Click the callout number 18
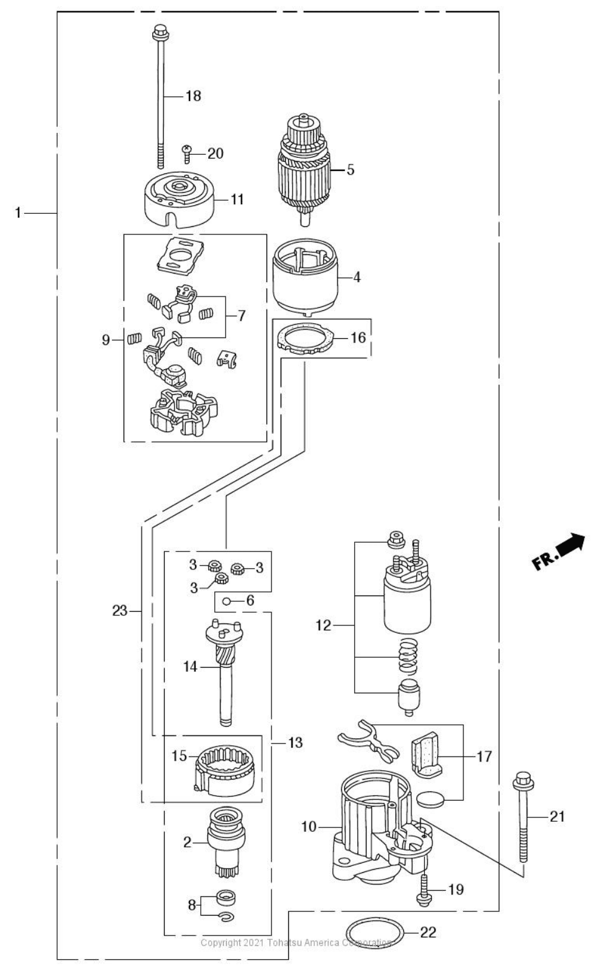coord(193,96)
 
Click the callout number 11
coord(237,200)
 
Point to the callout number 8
coord(192,905)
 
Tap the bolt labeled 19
coord(425,888)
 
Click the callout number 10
coord(309,827)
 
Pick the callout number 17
coord(485,756)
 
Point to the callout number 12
coord(324,625)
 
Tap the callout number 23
coord(119,611)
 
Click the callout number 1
coord(19,213)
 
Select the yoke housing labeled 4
coord(306,277)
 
